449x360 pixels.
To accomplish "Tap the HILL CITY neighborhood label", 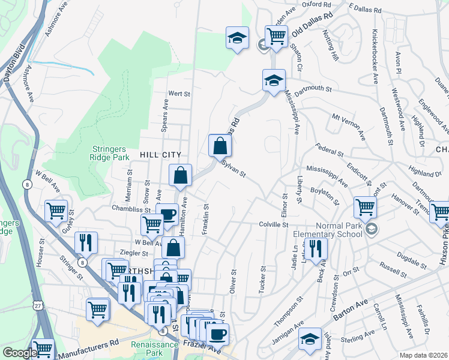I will click(160, 155).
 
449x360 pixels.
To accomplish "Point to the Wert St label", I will click(179, 94).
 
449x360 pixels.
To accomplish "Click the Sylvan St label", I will click(234, 167).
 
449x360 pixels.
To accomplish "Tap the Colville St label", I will click(274, 224).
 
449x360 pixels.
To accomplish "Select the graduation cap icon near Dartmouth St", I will click(274, 80).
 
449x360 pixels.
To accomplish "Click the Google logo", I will click(19, 353).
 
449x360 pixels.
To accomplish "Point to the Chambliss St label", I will click(130, 209).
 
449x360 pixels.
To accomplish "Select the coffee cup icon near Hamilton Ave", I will click(167, 215).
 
